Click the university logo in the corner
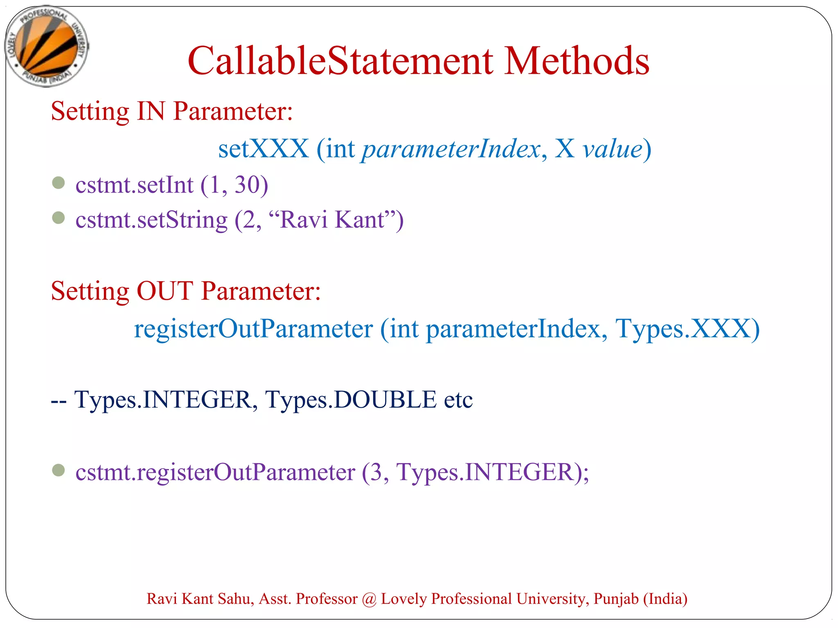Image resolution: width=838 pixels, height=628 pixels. (x=47, y=46)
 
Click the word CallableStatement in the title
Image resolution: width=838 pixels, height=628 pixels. (x=340, y=61)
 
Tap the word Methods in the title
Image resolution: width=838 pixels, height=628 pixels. (x=577, y=61)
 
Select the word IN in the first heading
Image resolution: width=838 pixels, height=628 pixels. (x=151, y=111)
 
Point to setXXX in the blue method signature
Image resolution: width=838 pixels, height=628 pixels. (x=263, y=148)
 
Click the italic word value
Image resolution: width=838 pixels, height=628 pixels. (x=612, y=148)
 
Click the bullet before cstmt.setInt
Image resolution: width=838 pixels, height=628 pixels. (x=59, y=182)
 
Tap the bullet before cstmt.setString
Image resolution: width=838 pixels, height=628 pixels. (x=59, y=218)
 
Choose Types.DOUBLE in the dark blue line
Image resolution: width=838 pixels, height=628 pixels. (x=351, y=399)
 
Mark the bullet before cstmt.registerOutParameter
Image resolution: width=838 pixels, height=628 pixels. (x=59, y=470)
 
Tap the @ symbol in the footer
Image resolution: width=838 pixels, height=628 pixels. (x=369, y=599)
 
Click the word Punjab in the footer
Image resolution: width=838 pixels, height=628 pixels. (x=616, y=599)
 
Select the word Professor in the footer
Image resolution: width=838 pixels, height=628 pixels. (x=327, y=599)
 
